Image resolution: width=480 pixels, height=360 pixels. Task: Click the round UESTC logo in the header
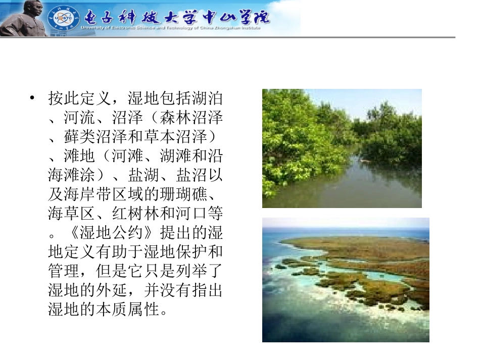tap(61, 19)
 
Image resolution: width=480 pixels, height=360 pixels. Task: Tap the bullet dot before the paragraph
tap(33, 98)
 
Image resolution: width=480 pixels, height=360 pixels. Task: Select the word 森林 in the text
tap(175, 118)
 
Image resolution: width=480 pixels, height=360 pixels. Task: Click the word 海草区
tap(72, 214)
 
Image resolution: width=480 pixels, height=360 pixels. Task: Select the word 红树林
tap(135, 214)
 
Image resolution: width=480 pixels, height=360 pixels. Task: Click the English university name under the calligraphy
tap(171, 28)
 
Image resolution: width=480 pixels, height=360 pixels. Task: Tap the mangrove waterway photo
tap(342, 148)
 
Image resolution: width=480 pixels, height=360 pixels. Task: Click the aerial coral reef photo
tap(346, 280)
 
